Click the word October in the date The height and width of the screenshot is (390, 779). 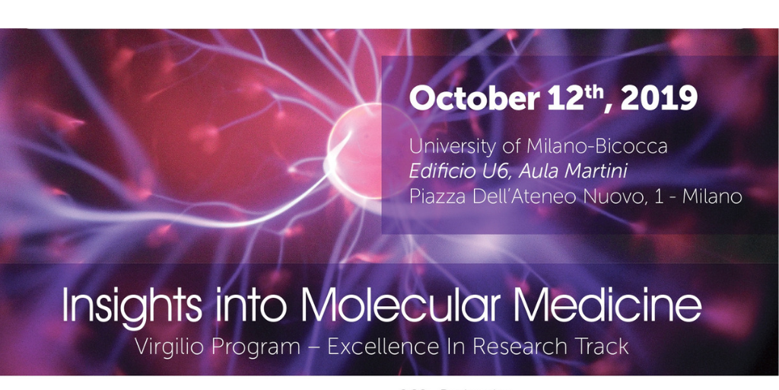(473, 100)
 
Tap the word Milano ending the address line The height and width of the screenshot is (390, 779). (712, 197)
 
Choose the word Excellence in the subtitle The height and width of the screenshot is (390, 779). (383, 347)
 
